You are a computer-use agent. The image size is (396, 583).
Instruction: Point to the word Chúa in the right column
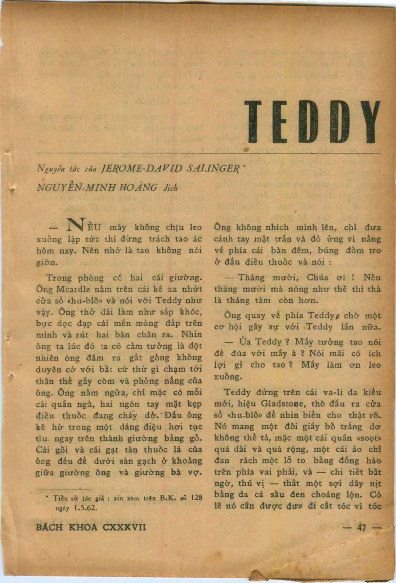coord(317,278)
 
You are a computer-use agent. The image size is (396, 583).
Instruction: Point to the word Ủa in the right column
coord(243,342)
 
